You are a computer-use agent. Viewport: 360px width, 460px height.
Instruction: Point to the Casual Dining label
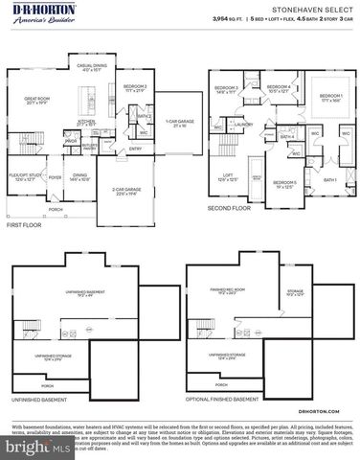(x=91, y=66)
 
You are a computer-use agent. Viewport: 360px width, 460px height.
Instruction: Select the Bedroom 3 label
(x=226, y=89)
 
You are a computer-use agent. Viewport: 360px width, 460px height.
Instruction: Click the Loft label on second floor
(x=228, y=175)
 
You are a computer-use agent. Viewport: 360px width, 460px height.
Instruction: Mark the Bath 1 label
(x=329, y=180)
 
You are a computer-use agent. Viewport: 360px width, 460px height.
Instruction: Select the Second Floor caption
(x=230, y=207)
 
